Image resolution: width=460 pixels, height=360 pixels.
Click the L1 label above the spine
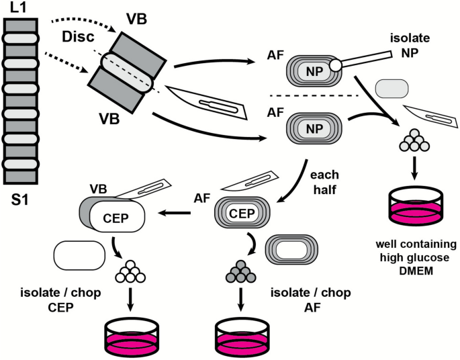pos(18,7)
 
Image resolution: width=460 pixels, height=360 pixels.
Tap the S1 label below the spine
pos(20,200)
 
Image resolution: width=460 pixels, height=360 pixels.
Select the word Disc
pos(78,37)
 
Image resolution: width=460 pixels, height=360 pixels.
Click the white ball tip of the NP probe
pos(335,65)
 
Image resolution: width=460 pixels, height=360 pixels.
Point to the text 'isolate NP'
pos(410,45)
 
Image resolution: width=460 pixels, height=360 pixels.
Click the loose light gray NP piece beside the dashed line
pos(392,88)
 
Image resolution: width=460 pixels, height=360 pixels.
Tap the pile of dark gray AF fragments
pos(241,271)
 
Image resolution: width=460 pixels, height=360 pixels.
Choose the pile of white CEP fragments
pos(130,271)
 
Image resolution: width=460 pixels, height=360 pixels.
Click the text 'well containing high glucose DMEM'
pos(416,257)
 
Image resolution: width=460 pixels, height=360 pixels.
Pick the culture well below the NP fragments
pos(415,206)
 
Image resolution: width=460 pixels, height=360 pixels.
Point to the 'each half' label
pos(324,182)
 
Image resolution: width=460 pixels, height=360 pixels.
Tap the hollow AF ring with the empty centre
pos(291,250)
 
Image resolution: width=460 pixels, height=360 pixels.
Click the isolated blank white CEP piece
pos(79,255)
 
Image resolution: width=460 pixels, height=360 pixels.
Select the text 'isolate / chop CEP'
pos(60,300)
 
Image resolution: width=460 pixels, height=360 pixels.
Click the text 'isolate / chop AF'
pos(311,300)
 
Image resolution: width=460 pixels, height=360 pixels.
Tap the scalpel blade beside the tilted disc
pos(207,103)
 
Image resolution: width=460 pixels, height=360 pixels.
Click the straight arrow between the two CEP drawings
pos(175,213)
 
